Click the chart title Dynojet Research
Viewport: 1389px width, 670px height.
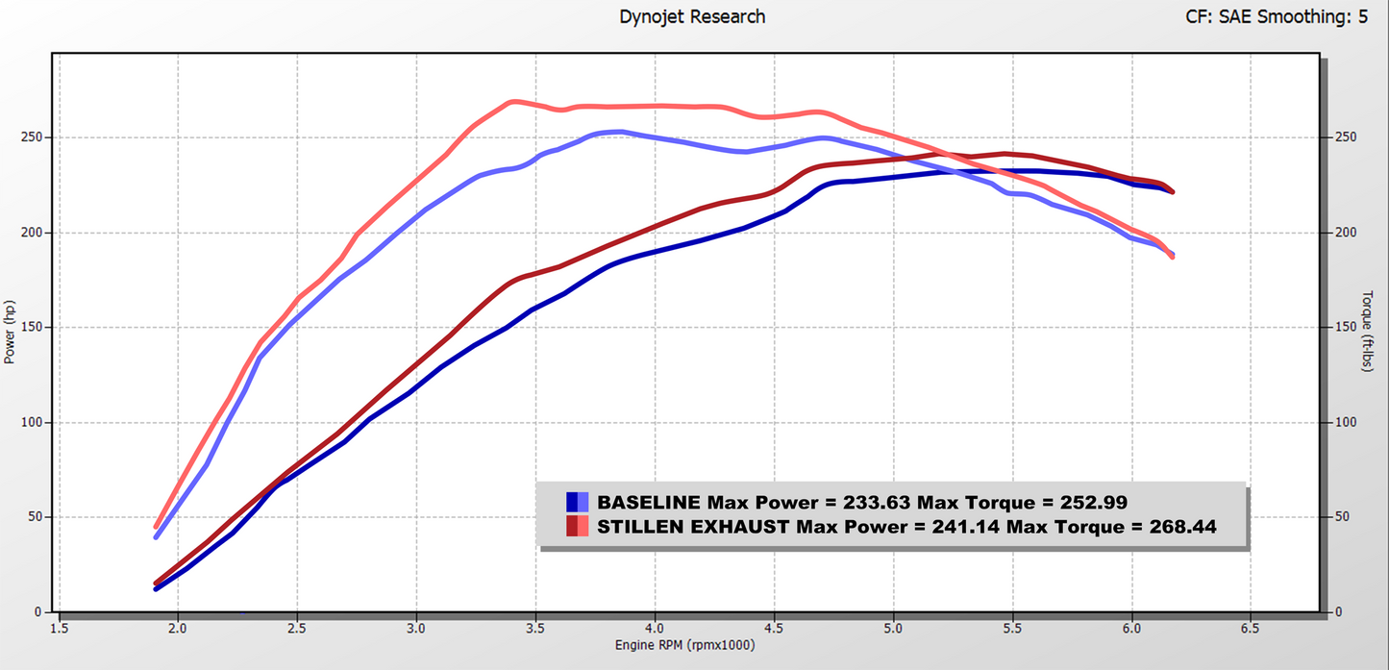coord(692,16)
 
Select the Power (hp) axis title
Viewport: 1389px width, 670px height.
coord(10,332)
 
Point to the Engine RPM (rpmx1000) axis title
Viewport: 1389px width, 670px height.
coord(684,645)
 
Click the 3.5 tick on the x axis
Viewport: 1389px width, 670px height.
coord(536,629)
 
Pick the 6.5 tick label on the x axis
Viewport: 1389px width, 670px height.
coord(1251,629)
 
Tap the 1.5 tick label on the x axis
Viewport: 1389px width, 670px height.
coord(60,629)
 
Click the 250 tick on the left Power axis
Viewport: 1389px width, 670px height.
coord(33,137)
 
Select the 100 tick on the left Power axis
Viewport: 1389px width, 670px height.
coord(33,423)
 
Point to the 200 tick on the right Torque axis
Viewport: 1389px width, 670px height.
coord(1346,233)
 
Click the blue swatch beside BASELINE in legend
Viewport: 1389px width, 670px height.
coord(577,502)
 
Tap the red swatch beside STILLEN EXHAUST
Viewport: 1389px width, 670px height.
coord(577,526)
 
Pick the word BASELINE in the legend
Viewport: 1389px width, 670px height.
coord(649,502)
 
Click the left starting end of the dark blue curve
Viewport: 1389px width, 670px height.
coord(156,588)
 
